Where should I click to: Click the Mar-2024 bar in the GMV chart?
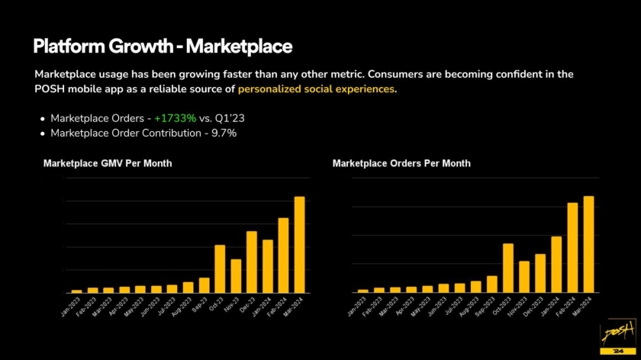click(299, 245)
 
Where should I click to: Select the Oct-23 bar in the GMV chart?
click(220, 268)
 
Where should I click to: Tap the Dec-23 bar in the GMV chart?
click(251, 262)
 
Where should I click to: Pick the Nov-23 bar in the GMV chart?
click(236, 275)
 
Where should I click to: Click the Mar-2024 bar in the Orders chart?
click(588, 244)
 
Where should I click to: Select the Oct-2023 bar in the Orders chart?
click(507, 268)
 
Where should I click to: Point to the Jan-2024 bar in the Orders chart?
click(556, 264)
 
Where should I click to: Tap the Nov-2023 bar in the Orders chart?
click(524, 276)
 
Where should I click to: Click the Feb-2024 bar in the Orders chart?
click(572, 247)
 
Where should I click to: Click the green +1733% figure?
click(175, 118)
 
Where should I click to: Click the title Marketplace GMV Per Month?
click(108, 163)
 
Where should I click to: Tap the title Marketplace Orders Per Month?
click(401, 163)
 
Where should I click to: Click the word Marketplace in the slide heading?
click(239, 47)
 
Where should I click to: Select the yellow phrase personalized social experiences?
click(316, 89)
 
